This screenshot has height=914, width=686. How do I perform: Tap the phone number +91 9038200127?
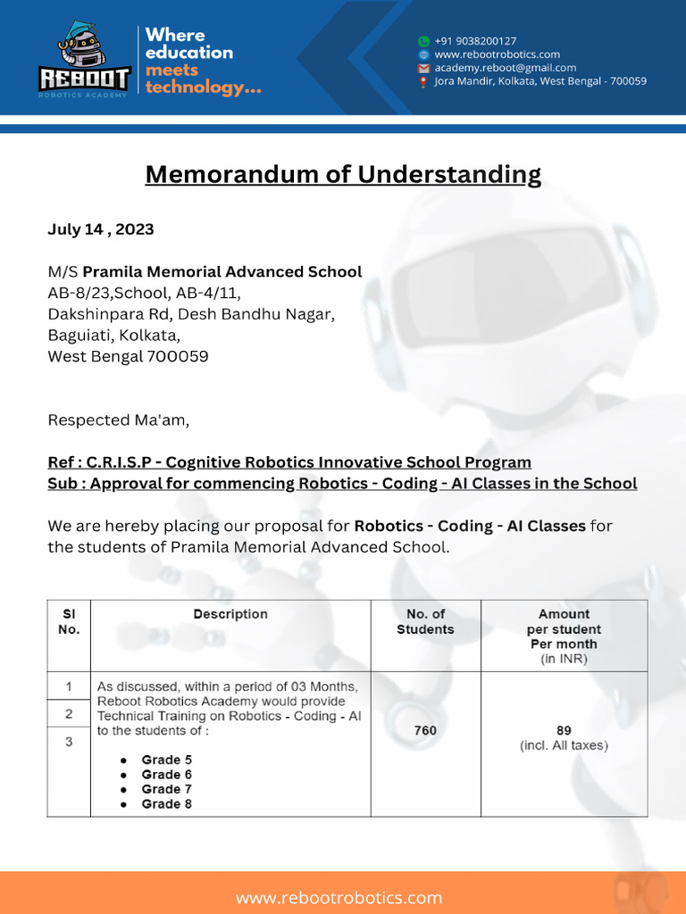(474, 41)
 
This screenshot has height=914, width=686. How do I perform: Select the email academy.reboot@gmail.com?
(505, 68)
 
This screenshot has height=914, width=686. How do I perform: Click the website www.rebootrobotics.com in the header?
(497, 54)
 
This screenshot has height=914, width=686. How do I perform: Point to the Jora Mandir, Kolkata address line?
(540, 81)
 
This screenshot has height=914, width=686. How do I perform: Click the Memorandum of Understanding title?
(343, 173)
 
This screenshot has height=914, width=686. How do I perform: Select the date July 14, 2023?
(100, 229)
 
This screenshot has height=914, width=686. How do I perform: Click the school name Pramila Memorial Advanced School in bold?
(222, 272)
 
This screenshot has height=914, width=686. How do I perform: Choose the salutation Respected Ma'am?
(118, 420)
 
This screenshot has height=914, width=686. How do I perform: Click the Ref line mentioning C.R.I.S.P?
(289, 462)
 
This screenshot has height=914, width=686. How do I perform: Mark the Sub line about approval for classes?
(342, 484)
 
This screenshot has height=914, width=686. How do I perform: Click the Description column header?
(230, 614)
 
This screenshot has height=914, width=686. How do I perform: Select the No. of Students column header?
(425, 621)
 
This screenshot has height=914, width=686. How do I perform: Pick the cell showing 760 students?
(425, 731)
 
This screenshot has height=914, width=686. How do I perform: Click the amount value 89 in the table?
(564, 730)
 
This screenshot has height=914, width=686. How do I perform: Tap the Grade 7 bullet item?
(166, 789)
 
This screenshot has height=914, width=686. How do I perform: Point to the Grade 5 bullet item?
(166, 760)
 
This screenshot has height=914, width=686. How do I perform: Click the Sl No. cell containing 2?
(69, 714)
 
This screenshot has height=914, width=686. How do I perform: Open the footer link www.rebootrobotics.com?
(339, 897)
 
